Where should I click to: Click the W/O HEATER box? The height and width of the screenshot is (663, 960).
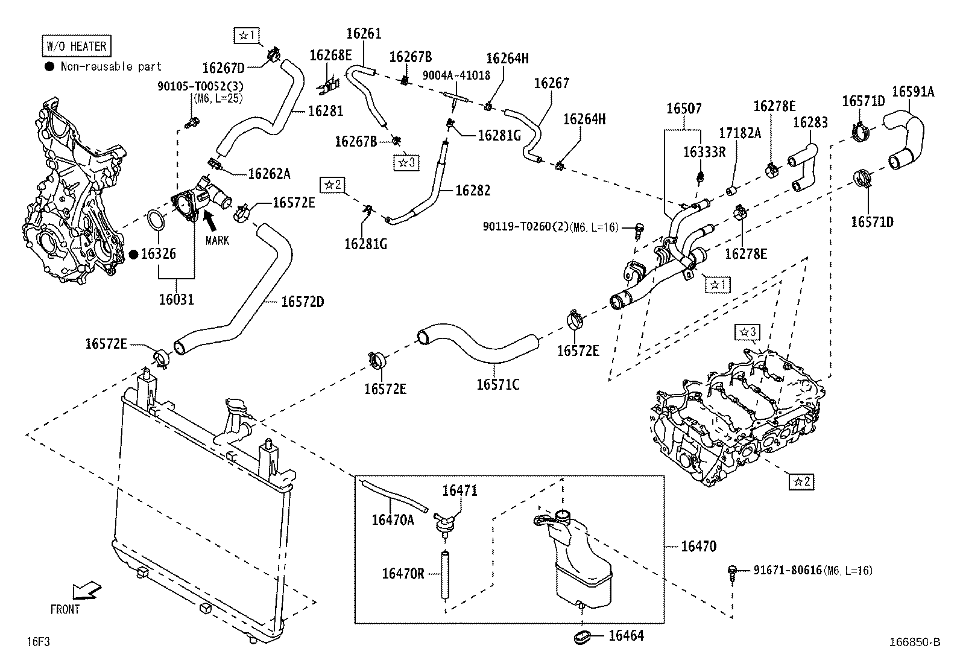pyautogui.click(x=77, y=46)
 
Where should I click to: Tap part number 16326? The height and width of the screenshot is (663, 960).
pyautogui.click(x=159, y=254)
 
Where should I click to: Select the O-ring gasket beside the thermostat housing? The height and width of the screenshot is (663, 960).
pyautogui.click(x=156, y=220)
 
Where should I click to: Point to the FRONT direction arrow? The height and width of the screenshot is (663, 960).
pyautogui.click(x=87, y=591)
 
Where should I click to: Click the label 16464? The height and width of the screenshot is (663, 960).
pyautogui.click(x=626, y=636)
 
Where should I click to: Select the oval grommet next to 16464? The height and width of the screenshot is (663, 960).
pyautogui.click(x=582, y=637)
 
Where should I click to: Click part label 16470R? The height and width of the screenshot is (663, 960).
pyautogui.click(x=403, y=573)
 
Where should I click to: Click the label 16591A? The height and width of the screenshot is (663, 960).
pyautogui.click(x=913, y=92)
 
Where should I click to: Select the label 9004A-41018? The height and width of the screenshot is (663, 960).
pyautogui.click(x=456, y=75)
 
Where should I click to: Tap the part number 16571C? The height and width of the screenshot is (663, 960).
pyautogui.click(x=497, y=385)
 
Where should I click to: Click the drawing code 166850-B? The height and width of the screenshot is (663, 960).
pyautogui.click(x=915, y=642)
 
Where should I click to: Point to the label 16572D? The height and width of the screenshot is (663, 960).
pyautogui.click(x=303, y=302)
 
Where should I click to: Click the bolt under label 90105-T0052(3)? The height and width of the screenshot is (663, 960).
pyautogui.click(x=191, y=122)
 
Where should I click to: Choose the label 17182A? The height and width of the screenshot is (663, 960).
pyautogui.click(x=740, y=133)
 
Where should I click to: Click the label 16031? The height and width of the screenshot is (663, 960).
pyautogui.click(x=177, y=299)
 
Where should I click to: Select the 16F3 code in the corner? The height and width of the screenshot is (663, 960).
pyautogui.click(x=38, y=641)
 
